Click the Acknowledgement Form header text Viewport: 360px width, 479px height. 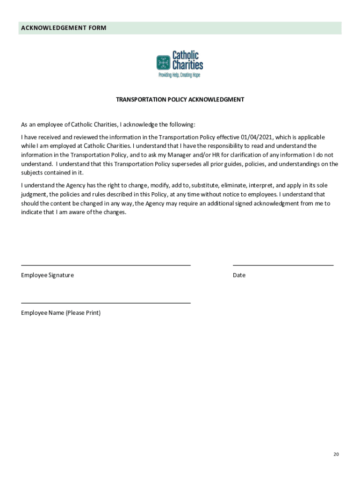coord(64,28)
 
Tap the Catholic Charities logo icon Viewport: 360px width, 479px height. coord(163,62)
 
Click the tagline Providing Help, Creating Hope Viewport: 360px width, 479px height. coord(180,75)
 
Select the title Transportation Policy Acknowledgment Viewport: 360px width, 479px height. coord(180,100)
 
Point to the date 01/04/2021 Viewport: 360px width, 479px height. coord(257,138)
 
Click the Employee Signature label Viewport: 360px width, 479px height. coord(47,275)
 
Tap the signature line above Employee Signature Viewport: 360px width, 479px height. coord(106,265)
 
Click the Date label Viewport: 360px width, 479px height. coord(239,275)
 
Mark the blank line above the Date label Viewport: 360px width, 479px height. coord(283,265)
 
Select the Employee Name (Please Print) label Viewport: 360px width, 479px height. coord(61,313)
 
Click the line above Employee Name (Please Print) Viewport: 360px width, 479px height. coord(106,303)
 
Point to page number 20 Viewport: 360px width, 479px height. coord(336,454)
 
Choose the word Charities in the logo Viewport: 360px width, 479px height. coord(188,65)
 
